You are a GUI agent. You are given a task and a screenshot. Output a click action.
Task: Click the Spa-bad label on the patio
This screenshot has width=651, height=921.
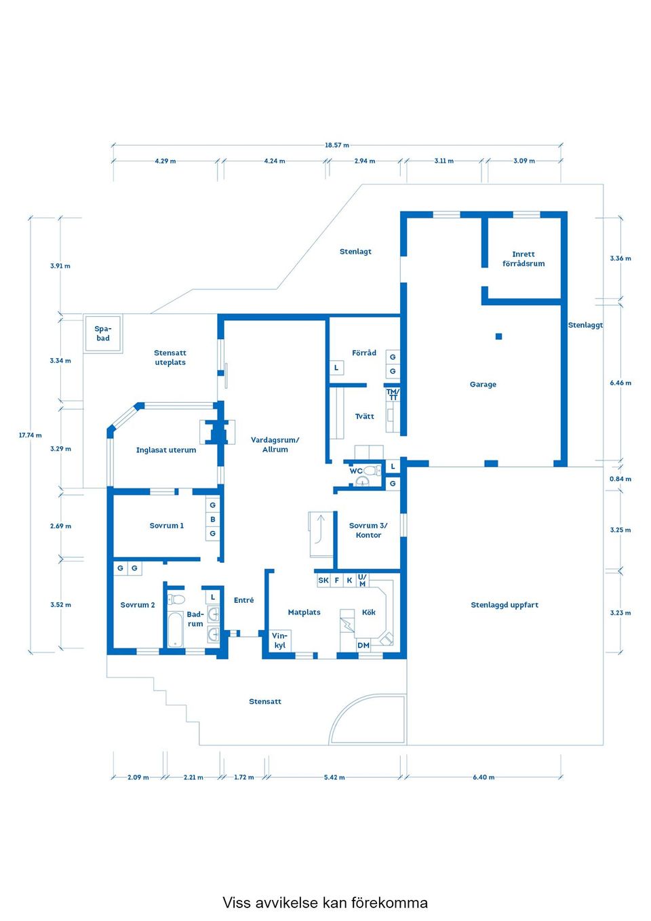pos(103,333)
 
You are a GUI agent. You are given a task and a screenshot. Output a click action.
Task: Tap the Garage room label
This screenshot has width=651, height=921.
pos(483,385)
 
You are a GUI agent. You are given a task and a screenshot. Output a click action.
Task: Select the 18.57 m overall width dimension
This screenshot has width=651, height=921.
pos(336,145)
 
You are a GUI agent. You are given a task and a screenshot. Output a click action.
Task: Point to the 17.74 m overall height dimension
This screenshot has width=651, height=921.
pos(30,435)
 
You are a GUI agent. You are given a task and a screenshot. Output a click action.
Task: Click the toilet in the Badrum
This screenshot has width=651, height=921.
pos(176,600)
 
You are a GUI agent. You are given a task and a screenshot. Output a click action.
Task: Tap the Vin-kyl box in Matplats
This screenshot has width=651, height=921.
pos(279,640)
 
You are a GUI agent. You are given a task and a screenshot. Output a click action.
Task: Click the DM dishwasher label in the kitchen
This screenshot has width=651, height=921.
pos(363,645)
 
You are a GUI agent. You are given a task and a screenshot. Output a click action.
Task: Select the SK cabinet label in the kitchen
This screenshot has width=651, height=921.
pos(323,581)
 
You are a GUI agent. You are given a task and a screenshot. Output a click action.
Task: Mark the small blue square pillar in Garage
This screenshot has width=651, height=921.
pos(498,336)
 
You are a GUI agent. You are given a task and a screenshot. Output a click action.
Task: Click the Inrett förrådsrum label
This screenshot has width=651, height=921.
pos(524,259)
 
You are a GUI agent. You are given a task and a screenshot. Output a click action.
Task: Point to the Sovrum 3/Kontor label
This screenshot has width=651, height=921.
pos(368,530)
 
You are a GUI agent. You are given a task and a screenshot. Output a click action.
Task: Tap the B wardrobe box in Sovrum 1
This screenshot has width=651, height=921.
pos(213,520)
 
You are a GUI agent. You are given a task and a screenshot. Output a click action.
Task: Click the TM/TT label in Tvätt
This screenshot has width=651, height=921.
pos(393,395)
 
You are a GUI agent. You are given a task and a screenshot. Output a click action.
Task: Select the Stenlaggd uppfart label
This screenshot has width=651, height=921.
pos(505,605)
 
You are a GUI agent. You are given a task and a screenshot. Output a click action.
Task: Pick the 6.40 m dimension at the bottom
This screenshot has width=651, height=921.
pos(484,777)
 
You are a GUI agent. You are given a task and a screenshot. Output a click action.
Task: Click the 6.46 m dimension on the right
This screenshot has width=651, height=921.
pos(620,383)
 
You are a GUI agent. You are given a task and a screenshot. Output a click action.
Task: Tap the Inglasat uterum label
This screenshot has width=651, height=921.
pos(166,450)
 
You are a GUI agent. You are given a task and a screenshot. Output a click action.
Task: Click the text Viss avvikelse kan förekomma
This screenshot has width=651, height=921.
pos(325,903)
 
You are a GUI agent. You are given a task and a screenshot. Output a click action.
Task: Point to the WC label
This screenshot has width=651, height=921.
pos(355,471)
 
